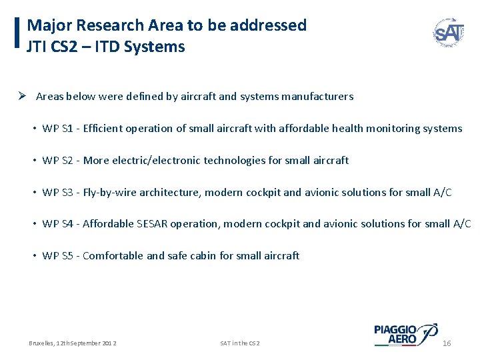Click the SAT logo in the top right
tap(449, 31)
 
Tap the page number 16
tap(447, 343)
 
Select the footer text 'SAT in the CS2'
tap(240, 343)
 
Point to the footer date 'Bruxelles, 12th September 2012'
tap(73, 343)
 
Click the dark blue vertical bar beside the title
tap(17, 33)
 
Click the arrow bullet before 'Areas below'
tap(22, 96)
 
